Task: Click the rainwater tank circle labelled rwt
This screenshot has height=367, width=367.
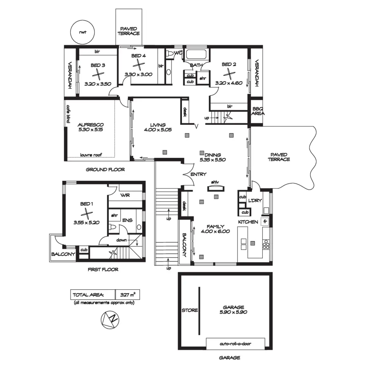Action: tap(82, 32)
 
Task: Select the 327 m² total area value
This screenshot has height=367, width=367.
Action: tap(128, 295)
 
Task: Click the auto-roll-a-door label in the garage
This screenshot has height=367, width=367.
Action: tap(235, 344)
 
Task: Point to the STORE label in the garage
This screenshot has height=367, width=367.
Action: tap(190, 310)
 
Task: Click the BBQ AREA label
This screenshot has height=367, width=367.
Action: tap(258, 111)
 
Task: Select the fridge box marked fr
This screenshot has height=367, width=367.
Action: tap(265, 221)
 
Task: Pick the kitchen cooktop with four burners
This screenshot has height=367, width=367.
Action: tap(266, 246)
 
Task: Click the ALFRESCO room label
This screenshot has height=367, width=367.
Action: tap(91, 125)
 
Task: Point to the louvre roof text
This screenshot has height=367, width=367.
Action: tap(91, 155)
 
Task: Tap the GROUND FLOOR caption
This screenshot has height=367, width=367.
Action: tap(105, 169)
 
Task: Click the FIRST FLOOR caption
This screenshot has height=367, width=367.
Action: tap(103, 269)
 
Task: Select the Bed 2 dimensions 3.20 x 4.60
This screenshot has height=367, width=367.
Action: tap(229, 83)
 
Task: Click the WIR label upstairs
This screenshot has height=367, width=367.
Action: tap(125, 195)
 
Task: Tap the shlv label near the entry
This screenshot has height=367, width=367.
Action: tap(215, 182)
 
